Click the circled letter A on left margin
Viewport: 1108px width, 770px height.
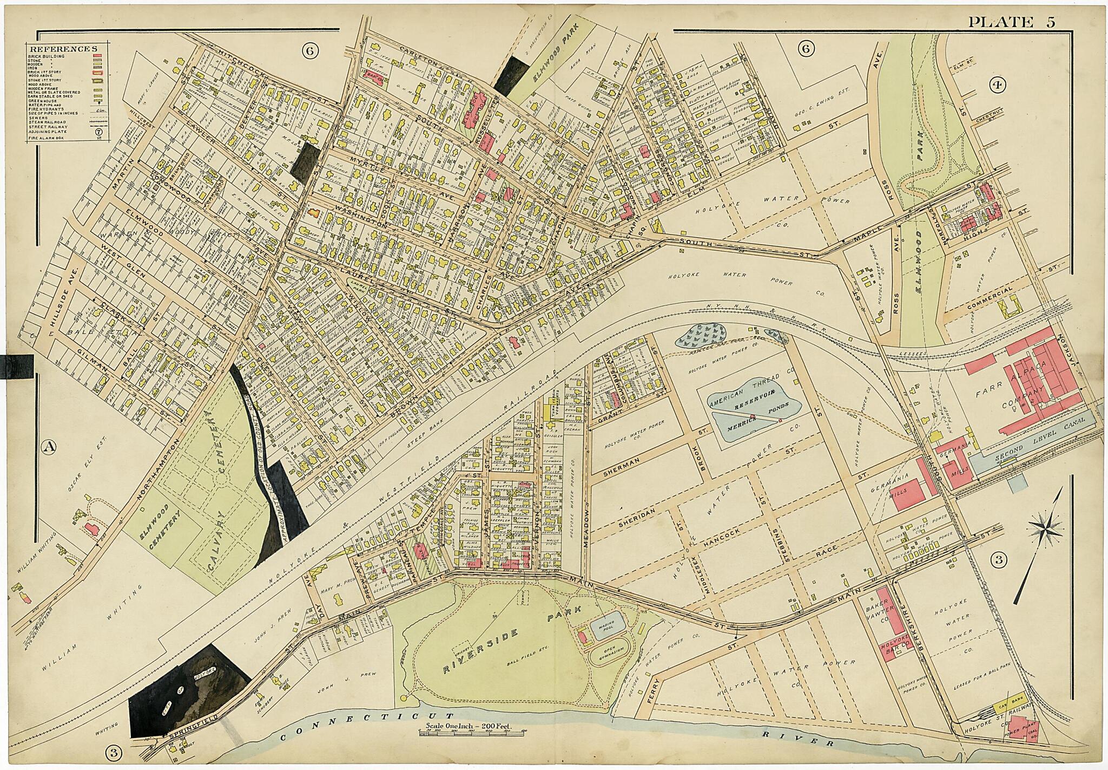click(x=49, y=447)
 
